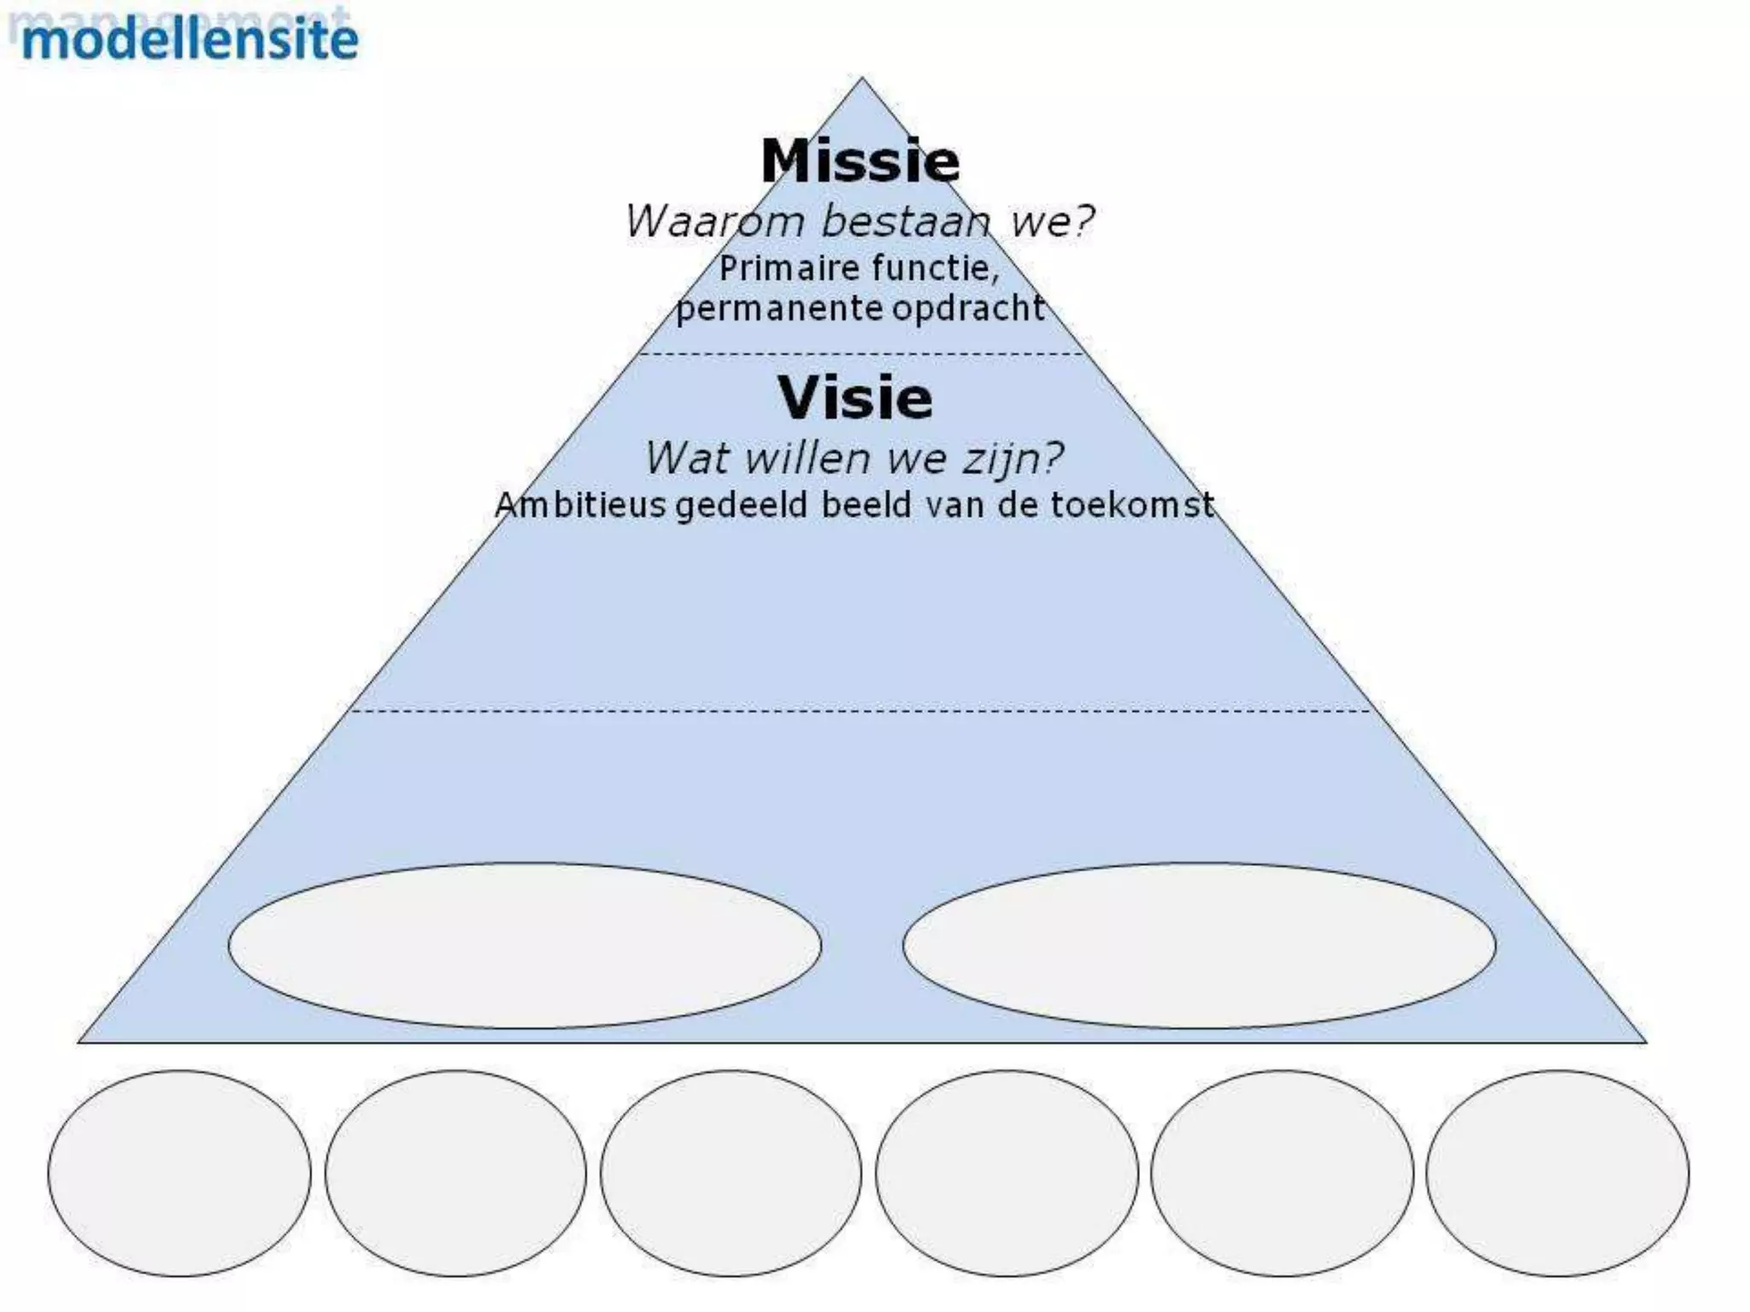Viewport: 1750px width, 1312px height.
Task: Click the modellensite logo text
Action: point(190,39)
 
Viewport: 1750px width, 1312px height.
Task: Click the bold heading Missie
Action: point(860,161)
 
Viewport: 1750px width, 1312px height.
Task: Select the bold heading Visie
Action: point(855,397)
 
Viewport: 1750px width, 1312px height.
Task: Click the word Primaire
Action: point(778,268)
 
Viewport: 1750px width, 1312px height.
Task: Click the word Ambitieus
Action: point(580,505)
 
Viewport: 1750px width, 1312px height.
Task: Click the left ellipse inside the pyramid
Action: point(525,946)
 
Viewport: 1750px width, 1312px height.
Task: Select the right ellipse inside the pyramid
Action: point(1199,946)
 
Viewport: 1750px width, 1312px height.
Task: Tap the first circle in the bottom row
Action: point(179,1173)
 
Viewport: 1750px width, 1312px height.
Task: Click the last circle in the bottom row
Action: point(1557,1173)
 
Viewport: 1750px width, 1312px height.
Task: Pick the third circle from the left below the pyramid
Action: point(731,1173)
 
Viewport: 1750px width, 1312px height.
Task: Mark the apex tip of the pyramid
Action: point(861,79)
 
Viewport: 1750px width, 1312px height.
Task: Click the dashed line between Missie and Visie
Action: point(861,354)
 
